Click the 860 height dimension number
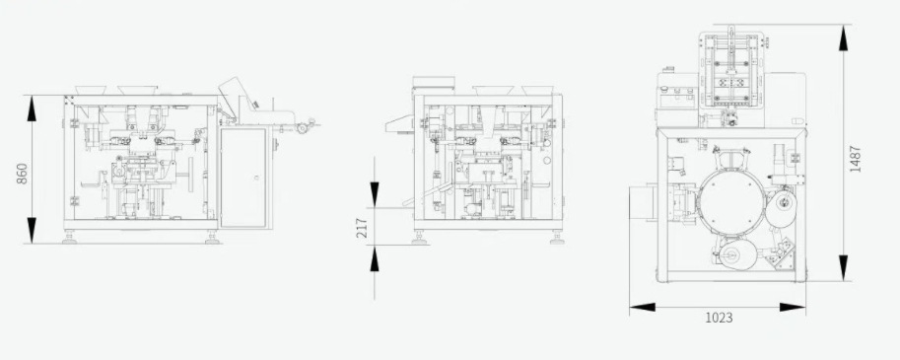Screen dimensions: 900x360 pyautogui.click(x=22, y=174)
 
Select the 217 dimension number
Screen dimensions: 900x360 pyautogui.click(x=362, y=228)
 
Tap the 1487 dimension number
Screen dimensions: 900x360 pyautogui.click(x=856, y=159)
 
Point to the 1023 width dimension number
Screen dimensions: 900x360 pyautogui.click(x=719, y=318)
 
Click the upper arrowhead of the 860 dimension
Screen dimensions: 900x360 pyautogui.click(x=32, y=108)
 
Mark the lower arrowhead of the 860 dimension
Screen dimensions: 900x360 pyautogui.click(x=32, y=230)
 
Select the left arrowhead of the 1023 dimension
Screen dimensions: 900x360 pyautogui.click(x=643, y=307)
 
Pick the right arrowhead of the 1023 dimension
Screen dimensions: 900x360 pyautogui.click(x=793, y=307)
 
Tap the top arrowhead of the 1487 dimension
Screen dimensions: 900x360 pyautogui.click(x=843, y=37)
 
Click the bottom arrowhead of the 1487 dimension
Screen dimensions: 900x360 pyautogui.click(x=843, y=268)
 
